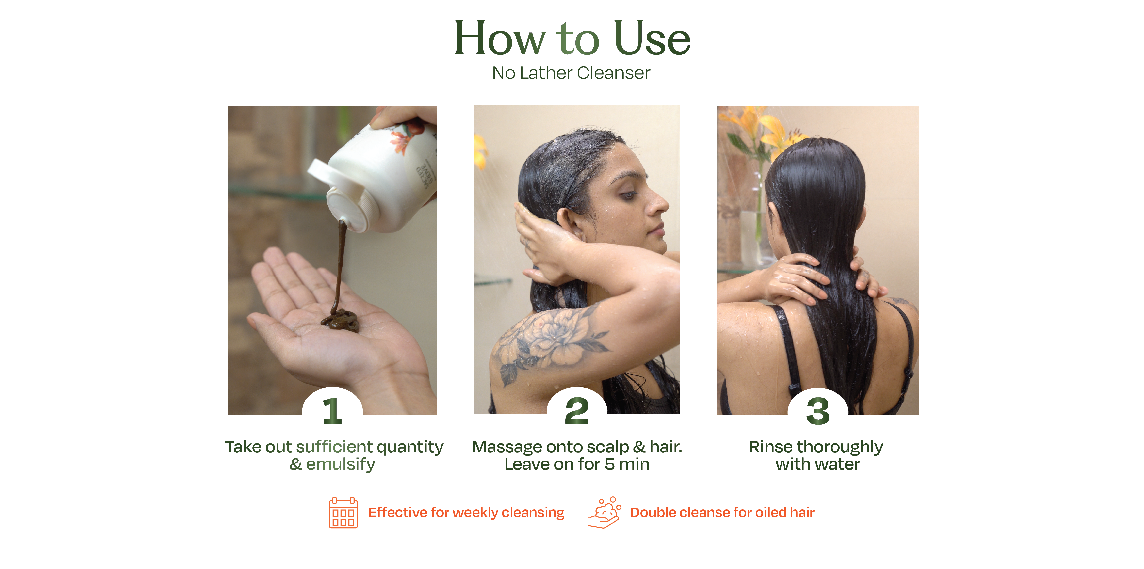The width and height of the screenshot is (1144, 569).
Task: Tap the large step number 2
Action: click(x=577, y=411)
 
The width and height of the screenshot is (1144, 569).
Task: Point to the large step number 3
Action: click(x=818, y=411)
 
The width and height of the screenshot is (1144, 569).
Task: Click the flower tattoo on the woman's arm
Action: click(x=551, y=342)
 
